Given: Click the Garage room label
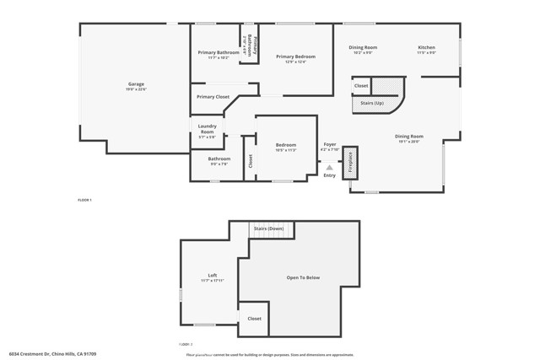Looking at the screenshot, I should click(136, 84).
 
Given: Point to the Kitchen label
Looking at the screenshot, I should click(427, 47).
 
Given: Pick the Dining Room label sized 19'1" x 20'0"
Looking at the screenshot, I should click(409, 136).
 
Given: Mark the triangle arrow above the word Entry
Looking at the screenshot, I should click(330, 167).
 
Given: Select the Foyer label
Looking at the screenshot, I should click(330, 144).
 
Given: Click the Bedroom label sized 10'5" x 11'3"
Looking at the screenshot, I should click(286, 145).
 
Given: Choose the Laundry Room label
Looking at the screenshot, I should click(207, 129).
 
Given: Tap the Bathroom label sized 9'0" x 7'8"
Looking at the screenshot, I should click(219, 159).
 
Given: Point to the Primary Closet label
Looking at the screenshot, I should click(213, 97).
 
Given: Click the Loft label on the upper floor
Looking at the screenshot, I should click(213, 276).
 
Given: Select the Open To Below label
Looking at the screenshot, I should click(304, 277).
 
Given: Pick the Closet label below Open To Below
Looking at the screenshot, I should click(254, 319).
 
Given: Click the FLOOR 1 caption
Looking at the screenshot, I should click(84, 200).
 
